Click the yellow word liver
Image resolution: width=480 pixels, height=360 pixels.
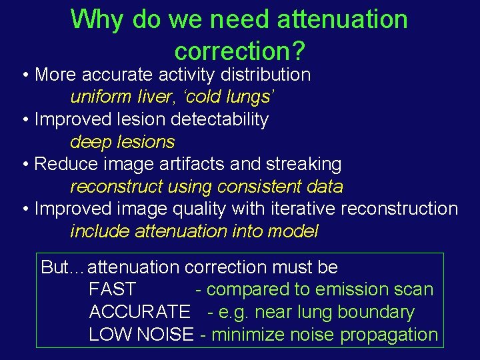151,97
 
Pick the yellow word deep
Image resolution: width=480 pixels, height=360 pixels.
93,142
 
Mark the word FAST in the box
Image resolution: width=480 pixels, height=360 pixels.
112,290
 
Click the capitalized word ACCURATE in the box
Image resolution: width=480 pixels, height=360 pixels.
139,312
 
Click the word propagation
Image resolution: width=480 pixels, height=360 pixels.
389,335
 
